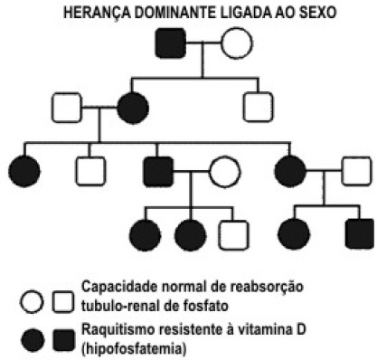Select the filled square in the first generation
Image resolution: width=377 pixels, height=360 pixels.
click(x=170, y=43)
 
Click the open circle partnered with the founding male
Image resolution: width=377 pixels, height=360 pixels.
click(x=237, y=43)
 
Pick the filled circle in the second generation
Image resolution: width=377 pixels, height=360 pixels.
click(x=133, y=108)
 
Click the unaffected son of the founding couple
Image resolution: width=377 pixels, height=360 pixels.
click(x=258, y=107)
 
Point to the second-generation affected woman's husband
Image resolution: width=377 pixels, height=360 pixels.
click(x=67, y=108)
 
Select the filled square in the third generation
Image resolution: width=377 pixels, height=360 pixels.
click(x=158, y=171)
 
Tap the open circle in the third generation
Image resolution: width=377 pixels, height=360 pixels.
click(x=225, y=171)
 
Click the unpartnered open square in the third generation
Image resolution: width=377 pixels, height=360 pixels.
click(x=90, y=171)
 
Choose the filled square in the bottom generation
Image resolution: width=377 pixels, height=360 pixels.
click(x=360, y=234)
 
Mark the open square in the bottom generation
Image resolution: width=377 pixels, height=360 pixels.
click(x=234, y=235)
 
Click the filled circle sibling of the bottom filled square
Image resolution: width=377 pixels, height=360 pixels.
click(x=294, y=234)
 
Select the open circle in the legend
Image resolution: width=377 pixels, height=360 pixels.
click(x=32, y=301)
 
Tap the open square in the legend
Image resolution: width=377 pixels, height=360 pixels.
click(x=63, y=301)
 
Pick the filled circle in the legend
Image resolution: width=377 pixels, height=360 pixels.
click(x=33, y=340)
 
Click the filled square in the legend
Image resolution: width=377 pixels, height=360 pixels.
click(x=64, y=340)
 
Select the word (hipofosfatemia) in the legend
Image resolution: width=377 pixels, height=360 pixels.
click(x=134, y=349)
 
